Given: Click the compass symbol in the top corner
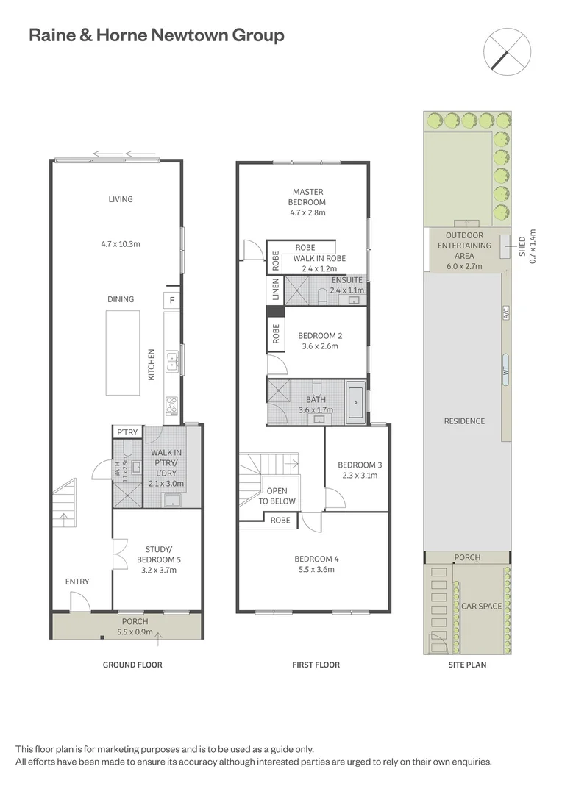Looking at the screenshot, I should pos(508,51).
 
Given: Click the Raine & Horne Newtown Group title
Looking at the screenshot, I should pos(156,35).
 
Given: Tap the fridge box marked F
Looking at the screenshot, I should pos(171,300).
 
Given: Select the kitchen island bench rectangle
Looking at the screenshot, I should pos(123,343).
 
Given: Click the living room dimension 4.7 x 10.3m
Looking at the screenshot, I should pos(121,243).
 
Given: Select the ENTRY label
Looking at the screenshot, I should pos(77,582).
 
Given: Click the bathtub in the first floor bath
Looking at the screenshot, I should pos(355,402).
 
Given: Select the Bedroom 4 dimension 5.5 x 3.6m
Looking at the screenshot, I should pos(315,569).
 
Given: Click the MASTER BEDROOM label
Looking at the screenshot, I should pos(307,197).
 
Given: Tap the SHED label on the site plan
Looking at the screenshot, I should pos(522,246).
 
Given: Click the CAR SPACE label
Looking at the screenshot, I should pos(481,606).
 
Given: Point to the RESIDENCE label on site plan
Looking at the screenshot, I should pos(464,421).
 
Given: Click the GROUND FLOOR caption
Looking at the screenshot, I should pos(132,665).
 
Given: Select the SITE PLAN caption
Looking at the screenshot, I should pos(467,665).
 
